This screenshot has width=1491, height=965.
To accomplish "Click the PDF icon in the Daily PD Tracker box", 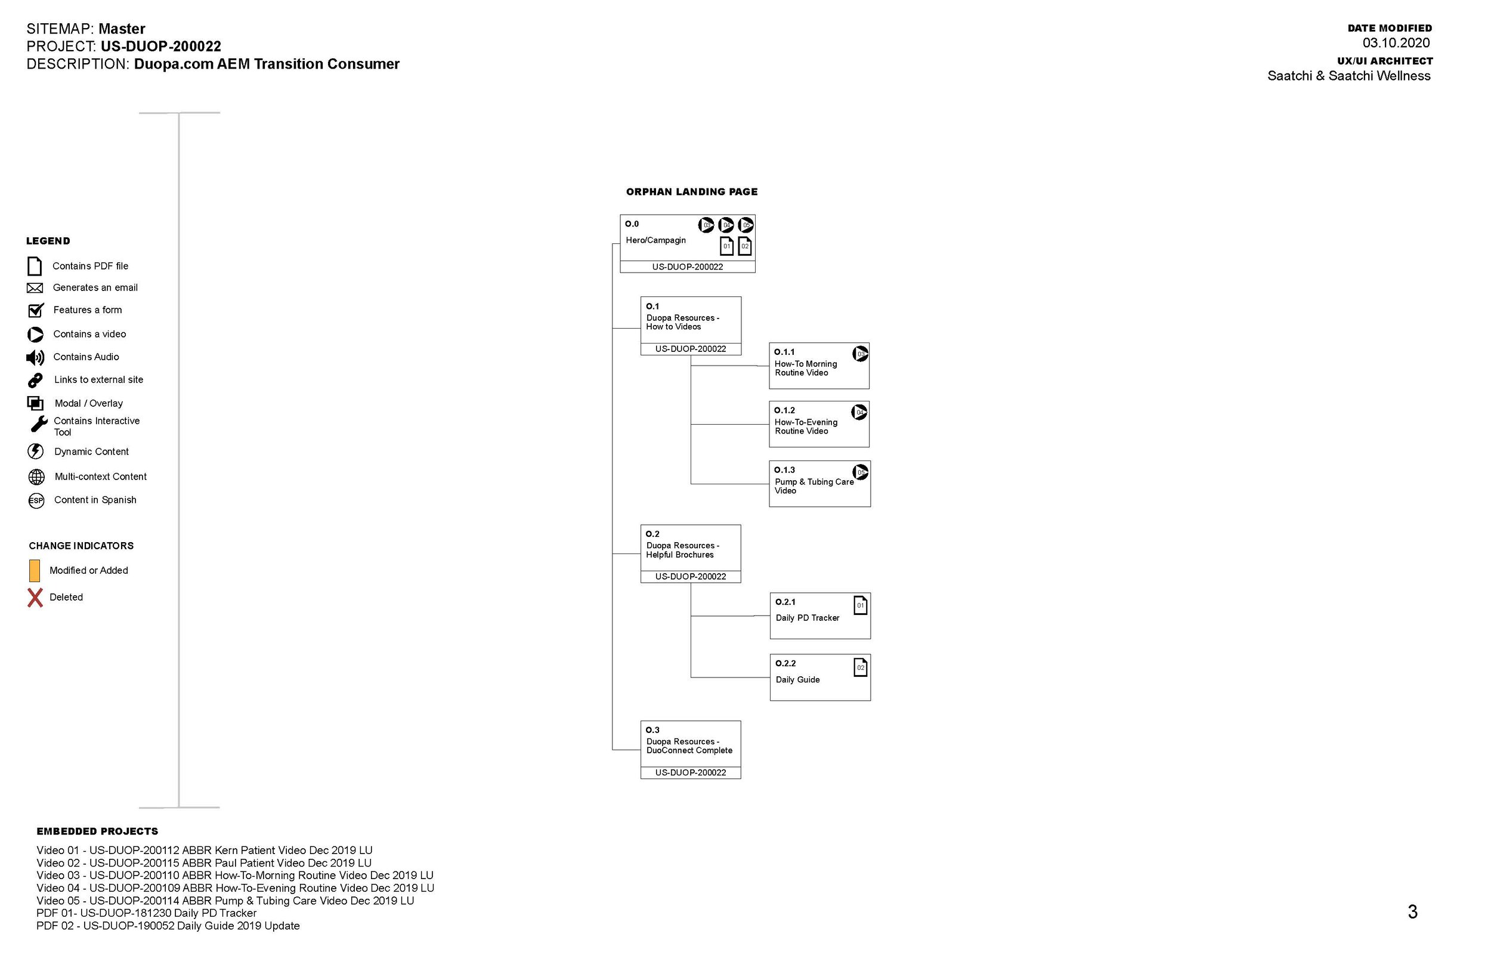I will (860, 605).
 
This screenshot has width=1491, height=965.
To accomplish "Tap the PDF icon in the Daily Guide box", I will (860, 667).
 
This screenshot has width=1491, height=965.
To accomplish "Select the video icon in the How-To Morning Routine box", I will (860, 354).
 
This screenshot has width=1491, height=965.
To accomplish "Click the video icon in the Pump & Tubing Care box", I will (860, 472).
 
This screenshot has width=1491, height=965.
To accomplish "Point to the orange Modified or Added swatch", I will (35, 570).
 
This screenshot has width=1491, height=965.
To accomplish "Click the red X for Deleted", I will (35, 597).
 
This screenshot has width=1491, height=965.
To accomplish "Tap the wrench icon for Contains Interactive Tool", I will (38, 424).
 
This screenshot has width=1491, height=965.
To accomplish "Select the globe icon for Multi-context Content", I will (36, 477).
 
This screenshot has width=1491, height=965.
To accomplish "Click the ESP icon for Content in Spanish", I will (36, 500).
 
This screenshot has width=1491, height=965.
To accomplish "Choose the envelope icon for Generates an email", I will (35, 287).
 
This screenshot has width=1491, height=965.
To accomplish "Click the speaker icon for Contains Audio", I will (35, 357).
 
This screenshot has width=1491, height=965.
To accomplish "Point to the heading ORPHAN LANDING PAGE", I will (692, 191).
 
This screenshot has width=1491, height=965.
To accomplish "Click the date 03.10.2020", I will (1396, 43).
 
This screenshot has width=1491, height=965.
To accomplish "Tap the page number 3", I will (1412, 912).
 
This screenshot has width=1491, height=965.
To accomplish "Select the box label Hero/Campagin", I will (655, 240).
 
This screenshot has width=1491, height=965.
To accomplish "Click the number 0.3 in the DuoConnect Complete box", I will (652, 730).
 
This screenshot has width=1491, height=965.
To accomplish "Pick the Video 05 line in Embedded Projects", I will (225, 901).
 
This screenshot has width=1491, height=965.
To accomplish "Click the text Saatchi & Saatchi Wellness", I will (1349, 76).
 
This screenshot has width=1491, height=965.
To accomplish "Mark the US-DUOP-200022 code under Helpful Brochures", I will (691, 577).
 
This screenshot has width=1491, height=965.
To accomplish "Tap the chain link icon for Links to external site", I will (35, 381).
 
